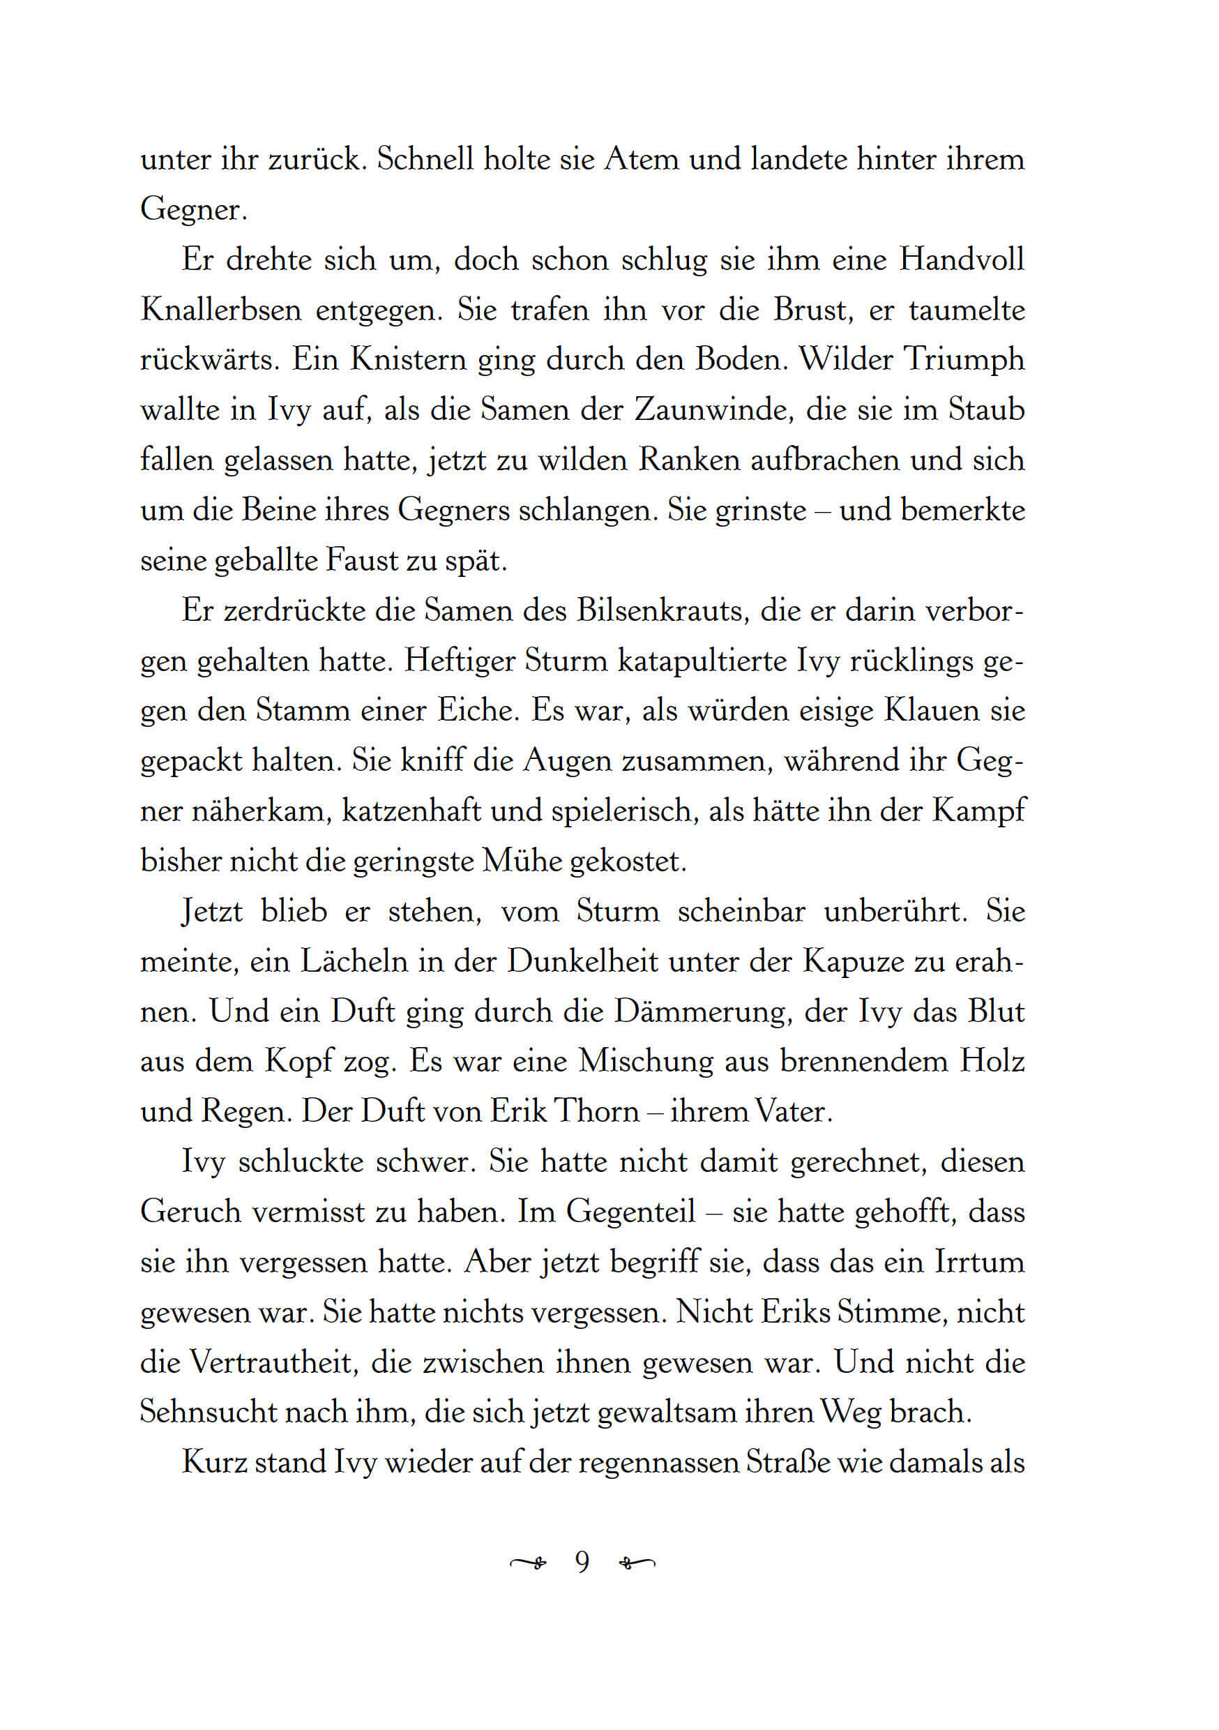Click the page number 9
point(582,1562)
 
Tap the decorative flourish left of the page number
point(529,1563)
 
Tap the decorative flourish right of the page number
point(637,1563)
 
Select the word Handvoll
point(962,259)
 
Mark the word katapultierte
point(702,660)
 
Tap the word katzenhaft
point(411,811)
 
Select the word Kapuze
point(851,961)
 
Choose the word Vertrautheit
point(273,1362)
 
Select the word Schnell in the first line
point(425,159)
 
